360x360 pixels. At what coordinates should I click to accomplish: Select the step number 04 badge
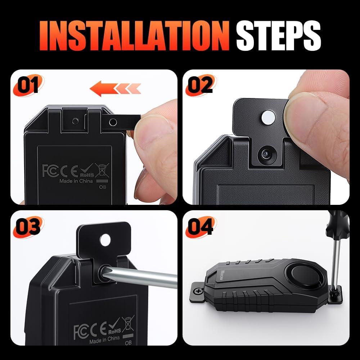(200, 227)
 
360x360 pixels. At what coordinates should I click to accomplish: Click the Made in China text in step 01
(76, 181)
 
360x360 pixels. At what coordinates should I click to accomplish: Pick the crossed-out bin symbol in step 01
(102, 169)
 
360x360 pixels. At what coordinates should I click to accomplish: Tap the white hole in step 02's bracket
(268, 116)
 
